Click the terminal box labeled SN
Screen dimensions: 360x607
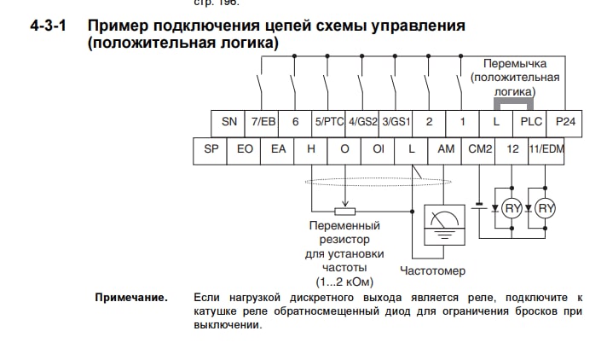tap(229, 122)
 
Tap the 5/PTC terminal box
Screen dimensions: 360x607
tap(328, 122)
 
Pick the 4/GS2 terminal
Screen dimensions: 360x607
tap(362, 122)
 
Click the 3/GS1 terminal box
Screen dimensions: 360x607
tap(396, 122)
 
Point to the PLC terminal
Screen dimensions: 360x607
tap(530, 122)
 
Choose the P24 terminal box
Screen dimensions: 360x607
tap(565, 122)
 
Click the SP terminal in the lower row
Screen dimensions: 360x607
tap(211, 149)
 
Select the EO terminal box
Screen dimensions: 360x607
tap(245, 149)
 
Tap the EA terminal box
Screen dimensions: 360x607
tap(278, 149)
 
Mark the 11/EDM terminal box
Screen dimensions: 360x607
tap(546, 149)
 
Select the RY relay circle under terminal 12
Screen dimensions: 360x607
tap(512, 208)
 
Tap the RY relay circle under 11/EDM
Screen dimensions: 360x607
tap(546, 208)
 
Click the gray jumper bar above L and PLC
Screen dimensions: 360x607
tap(513, 101)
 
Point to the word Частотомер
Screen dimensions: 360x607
tap(433, 271)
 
